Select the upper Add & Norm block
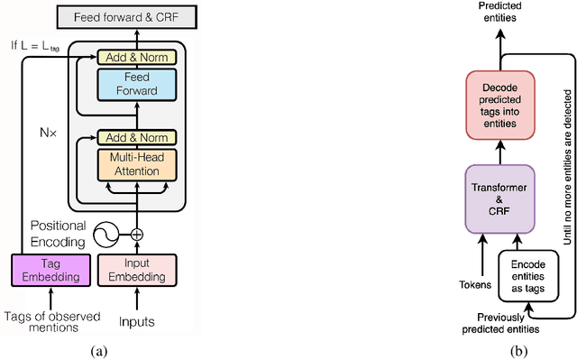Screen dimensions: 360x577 133,57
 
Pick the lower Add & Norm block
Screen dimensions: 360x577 133,137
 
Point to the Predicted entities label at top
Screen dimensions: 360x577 501,12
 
